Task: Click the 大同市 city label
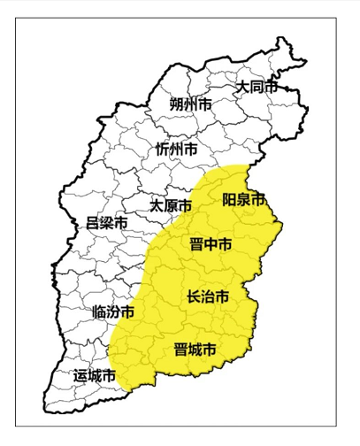click(x=256, y=87)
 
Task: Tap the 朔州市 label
click(x=191, y=104)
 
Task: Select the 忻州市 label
click(x=176, y=149)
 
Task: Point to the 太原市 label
click(x=169, y=204)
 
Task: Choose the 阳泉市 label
click(x=244, y=200)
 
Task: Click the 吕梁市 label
click(x=106, y=223)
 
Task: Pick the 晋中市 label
click(x=211, y=244)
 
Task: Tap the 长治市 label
click(x=208, y=296)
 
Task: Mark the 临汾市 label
click(x=113, y=311)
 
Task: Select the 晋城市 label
click(x=195, y=349)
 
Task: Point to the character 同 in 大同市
click(x=256, y=87)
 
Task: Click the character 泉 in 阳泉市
click(x=244, y=200)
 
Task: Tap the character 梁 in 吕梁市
click(x=106, y=223)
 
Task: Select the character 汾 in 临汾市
click(x=113, y=311)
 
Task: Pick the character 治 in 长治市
click(x=208, y=296)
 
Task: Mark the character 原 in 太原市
click(x=169, y=204)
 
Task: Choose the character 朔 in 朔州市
click(x=177, y=104)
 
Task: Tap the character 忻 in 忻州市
click(x=162, y=149)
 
